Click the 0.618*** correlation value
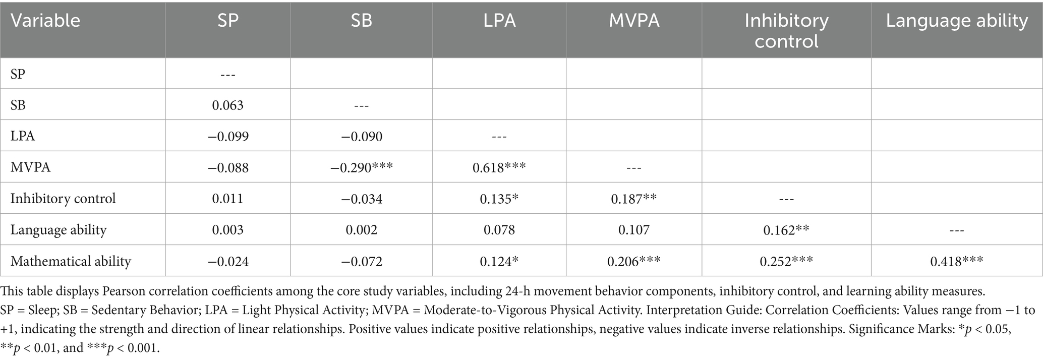(499, 167)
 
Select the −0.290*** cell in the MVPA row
(361, 167)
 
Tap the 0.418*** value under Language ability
(956, 261)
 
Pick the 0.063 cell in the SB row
(227, 105)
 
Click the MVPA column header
(633, 21)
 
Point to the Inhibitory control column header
(786, 30)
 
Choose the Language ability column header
(956, 21)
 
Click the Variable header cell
(45, 21)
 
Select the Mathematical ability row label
(71, 261)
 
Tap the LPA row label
(23, 136)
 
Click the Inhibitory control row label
(63, 199)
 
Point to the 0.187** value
(633, 199)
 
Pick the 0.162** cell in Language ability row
(786, 230)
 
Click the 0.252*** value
(786, 261)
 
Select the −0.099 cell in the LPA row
(227, 136)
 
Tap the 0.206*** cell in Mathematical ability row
(633, 261)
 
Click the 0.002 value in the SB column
(361, 230)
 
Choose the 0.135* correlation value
(499, 199)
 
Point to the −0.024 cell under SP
(227, 261)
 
